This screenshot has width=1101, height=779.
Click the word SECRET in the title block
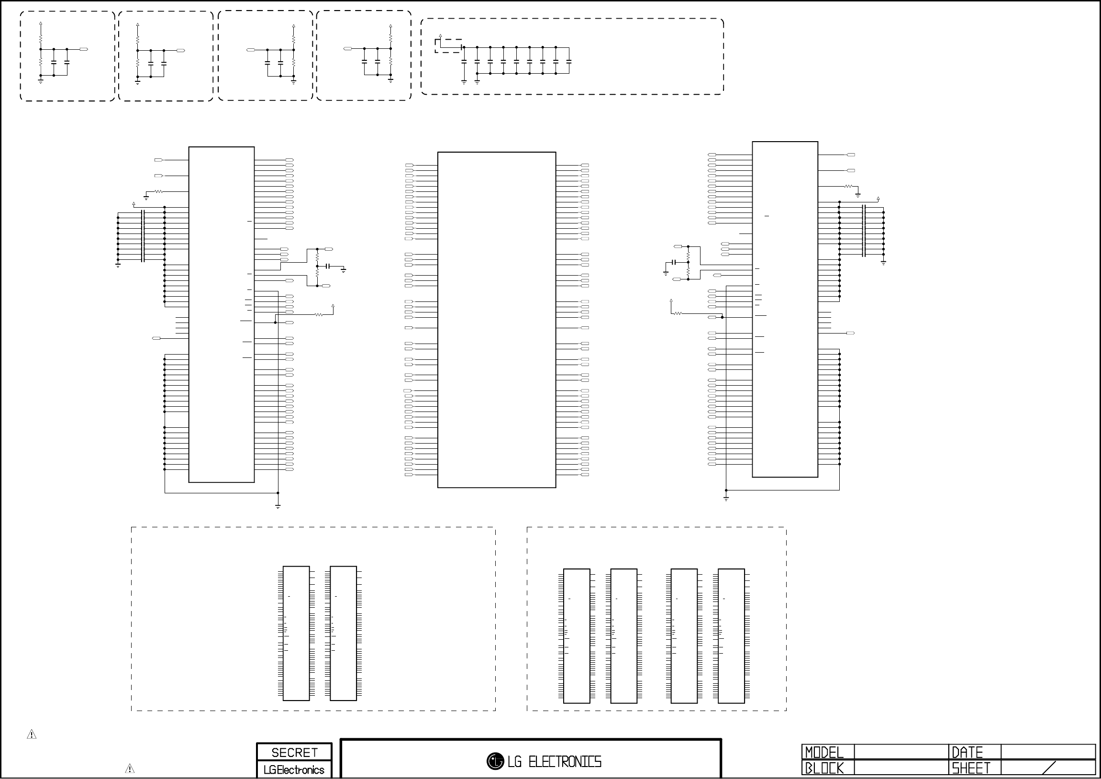click(294, 753)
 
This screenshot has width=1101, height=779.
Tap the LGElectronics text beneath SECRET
click(294, 770)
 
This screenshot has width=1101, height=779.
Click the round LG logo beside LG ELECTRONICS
click(495, 761)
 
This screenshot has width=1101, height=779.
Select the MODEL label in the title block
click(824, 752)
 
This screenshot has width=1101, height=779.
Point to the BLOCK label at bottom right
click(824, 768)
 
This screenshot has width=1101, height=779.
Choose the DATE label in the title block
click(967, 752)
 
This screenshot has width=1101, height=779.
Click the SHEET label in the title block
click(971, 768)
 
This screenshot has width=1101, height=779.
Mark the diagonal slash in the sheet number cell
click(1049, 768)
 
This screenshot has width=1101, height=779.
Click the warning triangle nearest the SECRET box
click(130, 768)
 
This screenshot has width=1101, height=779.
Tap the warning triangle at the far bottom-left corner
click(32, 734)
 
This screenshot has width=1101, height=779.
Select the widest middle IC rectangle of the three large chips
click(496, 320)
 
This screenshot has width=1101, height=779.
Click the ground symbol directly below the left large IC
click(278, 506)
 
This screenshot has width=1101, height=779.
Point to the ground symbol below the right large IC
click(726, 499)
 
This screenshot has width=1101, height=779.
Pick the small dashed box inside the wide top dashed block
click(448, 46)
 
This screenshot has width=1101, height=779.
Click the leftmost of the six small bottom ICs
click(296, 633)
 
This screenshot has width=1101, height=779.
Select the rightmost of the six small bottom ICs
click(731, 635)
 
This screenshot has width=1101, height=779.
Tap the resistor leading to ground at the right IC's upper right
click(848, 186)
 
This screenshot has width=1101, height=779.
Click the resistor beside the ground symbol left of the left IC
click(158, 192)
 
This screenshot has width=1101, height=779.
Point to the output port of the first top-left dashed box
click(84, 49)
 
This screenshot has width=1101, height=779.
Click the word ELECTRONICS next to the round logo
click(565, 762)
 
